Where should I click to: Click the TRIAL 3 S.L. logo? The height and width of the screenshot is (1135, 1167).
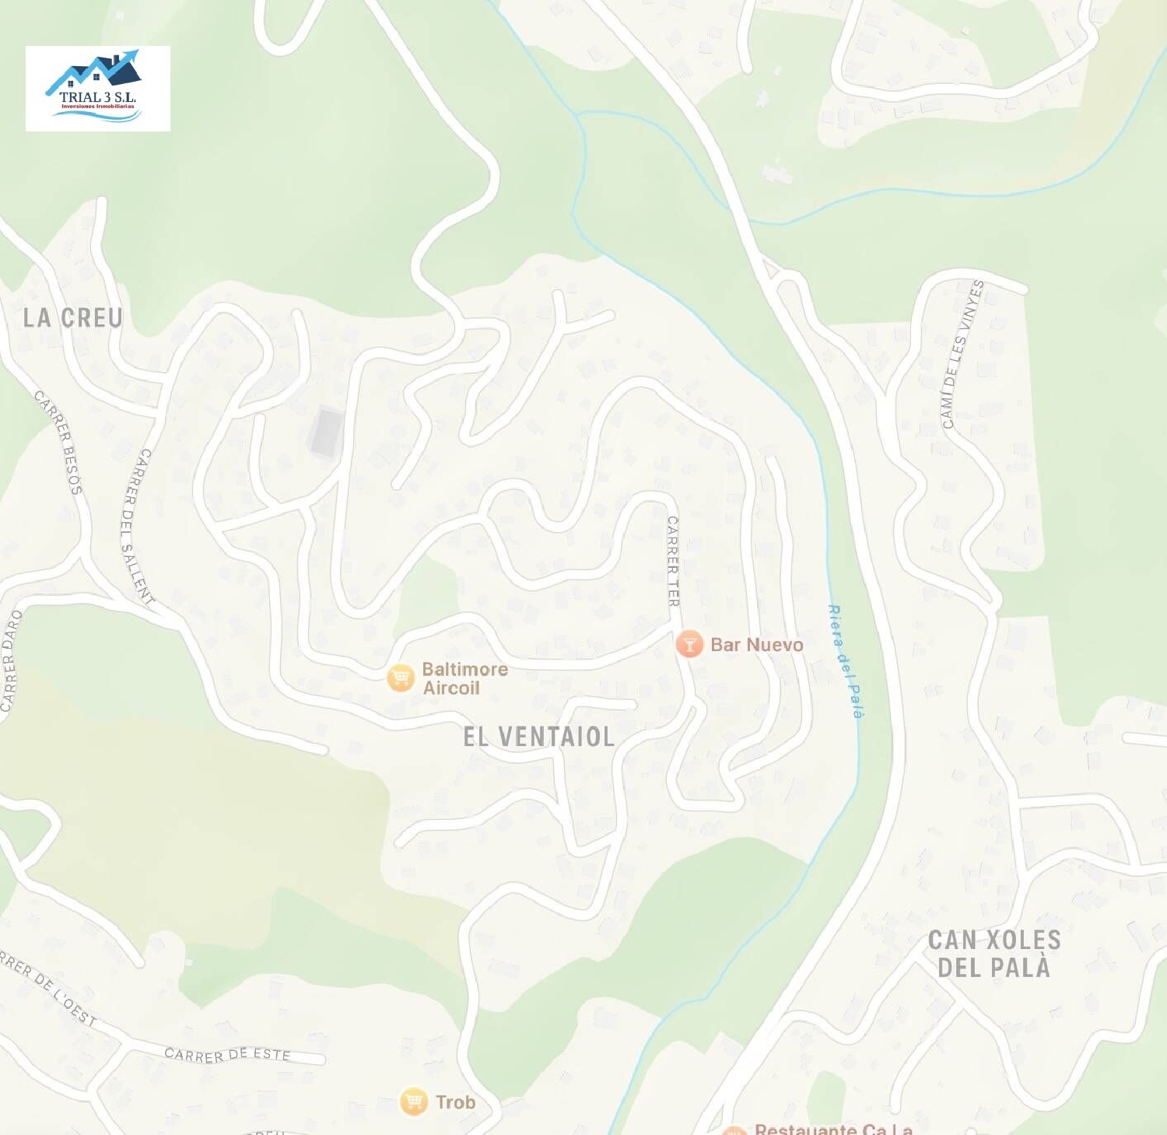coord(98,88)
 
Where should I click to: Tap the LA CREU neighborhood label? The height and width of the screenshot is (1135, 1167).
coord(72,317)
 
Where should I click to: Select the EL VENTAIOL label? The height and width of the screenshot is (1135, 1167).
coord(538,737)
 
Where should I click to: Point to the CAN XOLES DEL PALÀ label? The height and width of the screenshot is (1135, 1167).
coord(994,954)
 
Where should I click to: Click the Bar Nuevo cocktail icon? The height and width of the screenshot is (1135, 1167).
coord(689,644)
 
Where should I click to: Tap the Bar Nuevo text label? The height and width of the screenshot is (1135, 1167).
coord(756,645)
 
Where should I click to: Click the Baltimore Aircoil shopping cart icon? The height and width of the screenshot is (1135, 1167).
coord(401,678)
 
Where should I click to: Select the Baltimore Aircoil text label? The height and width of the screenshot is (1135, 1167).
coord(464,678)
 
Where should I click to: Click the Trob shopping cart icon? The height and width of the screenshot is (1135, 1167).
coord(414,1102)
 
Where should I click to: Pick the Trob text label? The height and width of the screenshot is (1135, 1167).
coord(455,1102)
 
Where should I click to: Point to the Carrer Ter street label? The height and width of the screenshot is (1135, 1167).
coord(673,561)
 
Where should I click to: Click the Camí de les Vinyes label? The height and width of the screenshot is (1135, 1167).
coord(962,354)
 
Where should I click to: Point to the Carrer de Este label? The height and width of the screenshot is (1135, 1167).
coord(227,1054)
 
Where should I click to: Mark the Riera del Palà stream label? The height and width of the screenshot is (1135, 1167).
coord(846,661)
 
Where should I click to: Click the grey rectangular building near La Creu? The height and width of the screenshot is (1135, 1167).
coord(327,432)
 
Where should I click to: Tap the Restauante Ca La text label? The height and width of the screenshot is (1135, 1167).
coord(833,1129)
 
